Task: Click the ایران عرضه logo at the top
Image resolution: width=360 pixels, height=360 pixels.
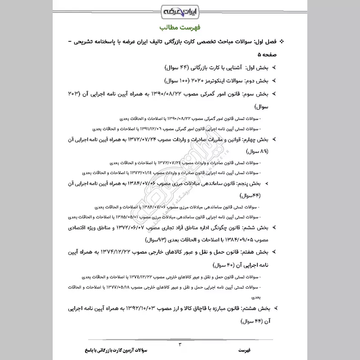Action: click(x=180, y=10)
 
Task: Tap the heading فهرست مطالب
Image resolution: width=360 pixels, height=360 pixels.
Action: click(x=180, y=27)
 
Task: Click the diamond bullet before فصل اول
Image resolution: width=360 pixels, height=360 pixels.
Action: click(x=282, y=42)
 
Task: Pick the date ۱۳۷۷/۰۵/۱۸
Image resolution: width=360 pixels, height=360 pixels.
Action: click(x=116, y=287)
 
